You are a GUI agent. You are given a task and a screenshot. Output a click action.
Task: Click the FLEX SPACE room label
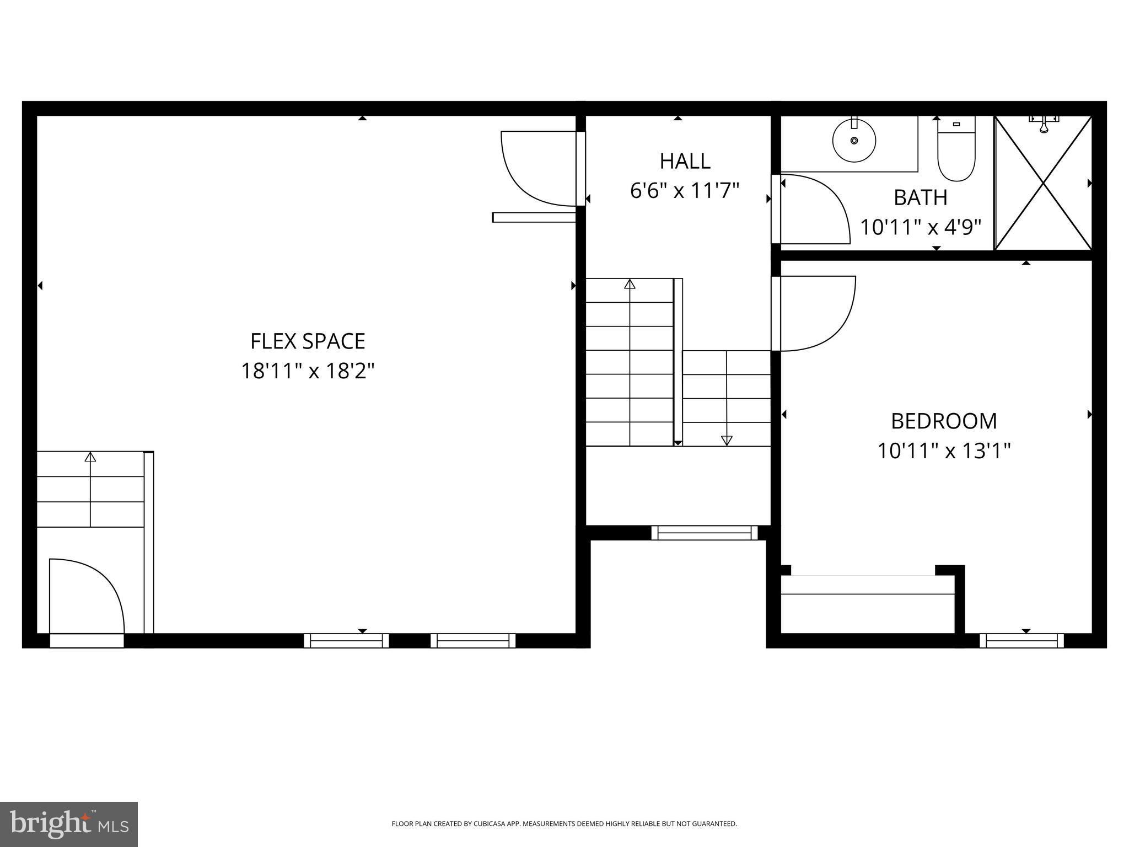[x=308, y=341]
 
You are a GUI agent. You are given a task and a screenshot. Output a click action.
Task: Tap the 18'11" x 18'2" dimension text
[x=308, y=371]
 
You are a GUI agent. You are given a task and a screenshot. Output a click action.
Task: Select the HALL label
[x=685, y=161]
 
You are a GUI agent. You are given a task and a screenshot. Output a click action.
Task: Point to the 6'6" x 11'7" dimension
[x=684, y=191]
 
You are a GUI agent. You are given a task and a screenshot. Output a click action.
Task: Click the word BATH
[x=920, y=197]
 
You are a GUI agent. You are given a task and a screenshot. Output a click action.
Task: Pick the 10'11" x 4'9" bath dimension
[x=920, y=227]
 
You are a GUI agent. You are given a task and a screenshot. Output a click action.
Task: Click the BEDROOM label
[x=944, y=421]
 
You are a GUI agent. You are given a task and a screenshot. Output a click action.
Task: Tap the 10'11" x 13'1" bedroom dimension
[x=944, y=451]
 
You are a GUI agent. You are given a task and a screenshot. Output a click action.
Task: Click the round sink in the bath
[x=854, y=141]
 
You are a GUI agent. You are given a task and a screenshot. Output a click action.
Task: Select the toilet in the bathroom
[x=956, y=152]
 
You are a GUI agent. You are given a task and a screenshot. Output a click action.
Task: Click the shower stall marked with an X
[x=1043, y=183]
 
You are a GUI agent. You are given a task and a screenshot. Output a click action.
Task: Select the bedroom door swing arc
[x=816, y=313]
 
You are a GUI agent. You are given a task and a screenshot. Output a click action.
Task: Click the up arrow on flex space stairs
[x=90, y=457]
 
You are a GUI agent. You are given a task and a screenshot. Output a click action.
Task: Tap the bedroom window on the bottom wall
[x=1022, y=640]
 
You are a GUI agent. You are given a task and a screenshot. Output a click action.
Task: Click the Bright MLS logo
[x=68, y=824]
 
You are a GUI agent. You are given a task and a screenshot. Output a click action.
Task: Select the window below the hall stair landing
[x=705, y=533]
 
